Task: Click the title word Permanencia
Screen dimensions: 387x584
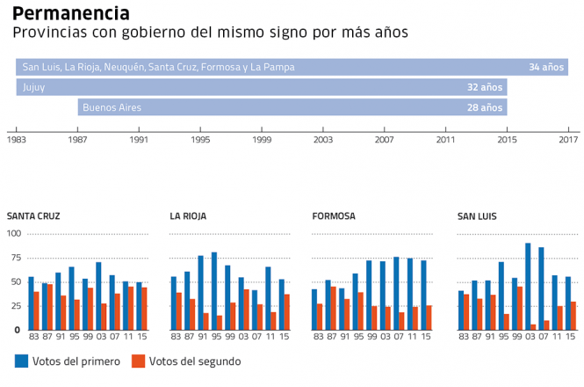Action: pyautogui.click(x=71, y=13)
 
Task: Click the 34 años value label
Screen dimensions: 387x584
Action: pyautogui.click(x=545, y=67)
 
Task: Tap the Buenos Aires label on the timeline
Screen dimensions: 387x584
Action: pyautogui.click(x=112, y=107)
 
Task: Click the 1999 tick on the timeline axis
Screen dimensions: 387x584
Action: pyautogui.click(x=262, y=139)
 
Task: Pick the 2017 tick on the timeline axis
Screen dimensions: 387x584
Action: pyautogui.click(x=568, y=139)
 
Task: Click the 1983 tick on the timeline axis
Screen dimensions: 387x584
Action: pyautogui.click(x=16, y=139)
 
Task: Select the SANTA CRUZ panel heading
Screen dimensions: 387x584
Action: pyautogui.click(x=34, y=215)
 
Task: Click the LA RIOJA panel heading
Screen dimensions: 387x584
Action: pyautogui.click(x=189, y=215)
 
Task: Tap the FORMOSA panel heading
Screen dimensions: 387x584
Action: pyautogui.click(x=334, y=215)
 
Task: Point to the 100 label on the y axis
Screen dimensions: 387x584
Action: pyautogui.click(x=14, y=233)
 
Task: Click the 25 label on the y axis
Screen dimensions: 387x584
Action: pyautogui.click(x=16, y=305)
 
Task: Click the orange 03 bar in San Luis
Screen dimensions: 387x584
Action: pyautogui.click(x=533, y=327)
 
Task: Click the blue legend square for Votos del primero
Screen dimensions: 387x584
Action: pyautogui.click(x=22, y=361)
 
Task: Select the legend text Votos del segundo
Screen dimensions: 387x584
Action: pyautogui.click(x=194, y=361)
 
